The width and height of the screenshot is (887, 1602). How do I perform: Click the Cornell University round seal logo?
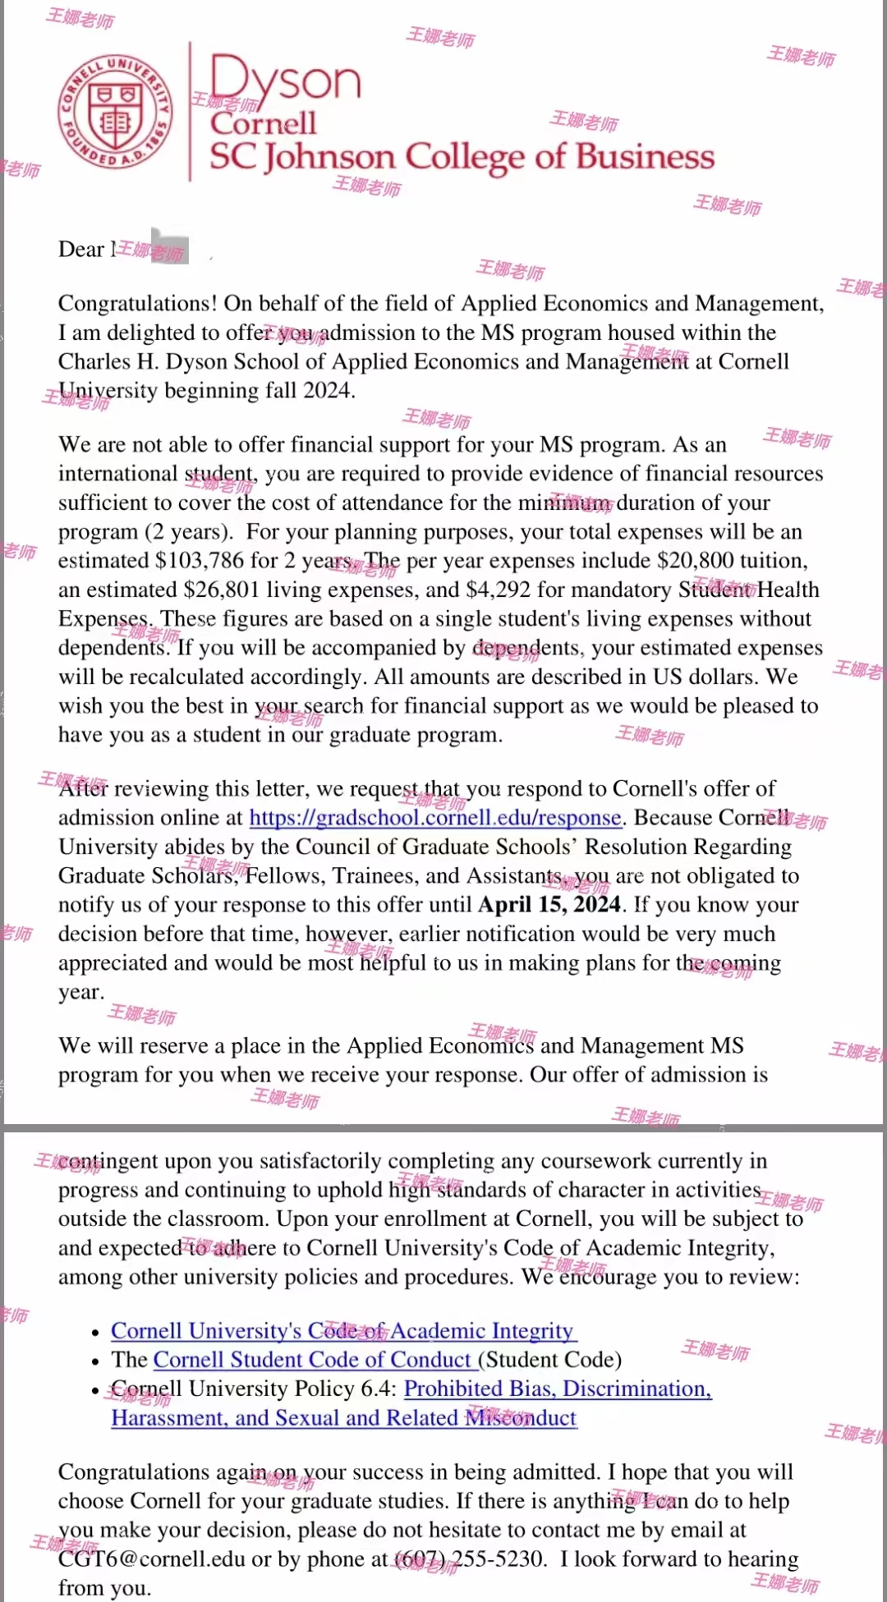click(115, 111)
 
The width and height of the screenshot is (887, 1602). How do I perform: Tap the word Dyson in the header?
click(285, 80)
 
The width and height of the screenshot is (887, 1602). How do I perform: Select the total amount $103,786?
click(200, 561)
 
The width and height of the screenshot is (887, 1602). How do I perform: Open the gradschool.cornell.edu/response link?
click(434, 818)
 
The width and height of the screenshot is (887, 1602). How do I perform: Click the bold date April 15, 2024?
click(549, 905)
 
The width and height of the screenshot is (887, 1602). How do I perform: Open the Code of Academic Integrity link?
click(342, 1330)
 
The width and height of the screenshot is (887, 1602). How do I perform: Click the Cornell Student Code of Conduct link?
click(313, 1360)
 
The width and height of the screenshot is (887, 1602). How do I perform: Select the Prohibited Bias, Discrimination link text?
click(558, 1389)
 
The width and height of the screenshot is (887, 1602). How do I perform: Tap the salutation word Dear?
click(81, 250)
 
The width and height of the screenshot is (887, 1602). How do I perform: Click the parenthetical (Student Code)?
click(549, 1360)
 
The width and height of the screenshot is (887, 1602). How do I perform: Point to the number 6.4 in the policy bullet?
click(379, 1389)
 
